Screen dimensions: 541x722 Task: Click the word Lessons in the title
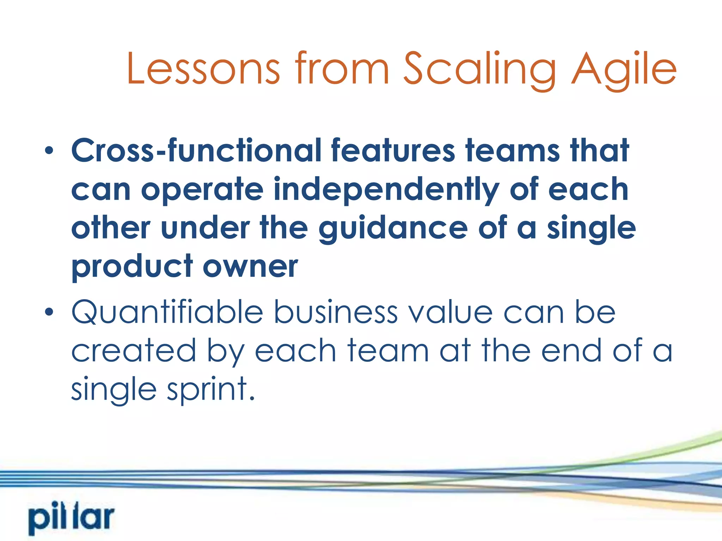[x=203, y=69]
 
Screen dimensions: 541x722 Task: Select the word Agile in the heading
[x=624, y=69]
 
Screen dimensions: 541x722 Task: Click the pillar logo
[x=72, y=519]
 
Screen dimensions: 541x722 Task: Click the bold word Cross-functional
[x=196, y=151]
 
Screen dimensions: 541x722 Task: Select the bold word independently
[x=386, y=190]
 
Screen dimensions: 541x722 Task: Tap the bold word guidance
[x=393, y=229]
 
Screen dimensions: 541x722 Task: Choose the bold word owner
[x=250, y=267]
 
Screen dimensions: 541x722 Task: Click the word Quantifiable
[x=167, y=312]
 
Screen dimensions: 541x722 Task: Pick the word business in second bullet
[x=336, y=312]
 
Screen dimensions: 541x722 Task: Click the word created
[x=134, y=351]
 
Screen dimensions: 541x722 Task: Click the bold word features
[x=393, y=151]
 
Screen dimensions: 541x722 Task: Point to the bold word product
[x=132, y=267]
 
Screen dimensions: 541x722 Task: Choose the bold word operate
[x=202, y=190]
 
